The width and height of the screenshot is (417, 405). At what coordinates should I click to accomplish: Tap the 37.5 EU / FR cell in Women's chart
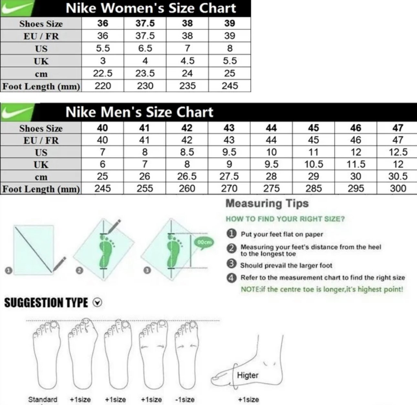(x=145, y=36)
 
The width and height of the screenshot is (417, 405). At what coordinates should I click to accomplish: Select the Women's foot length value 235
(x=187, y=86)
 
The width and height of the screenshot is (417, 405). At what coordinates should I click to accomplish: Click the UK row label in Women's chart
(x=41, y=61)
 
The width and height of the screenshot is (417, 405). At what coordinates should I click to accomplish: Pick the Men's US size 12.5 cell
(x=398, y=152)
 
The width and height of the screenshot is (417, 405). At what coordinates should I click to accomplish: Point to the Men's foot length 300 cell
(x=398, y=189)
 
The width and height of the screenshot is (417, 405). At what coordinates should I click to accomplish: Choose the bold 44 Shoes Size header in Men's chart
(x=271, y=128)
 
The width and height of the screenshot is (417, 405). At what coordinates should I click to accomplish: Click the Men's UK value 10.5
(x=314, y=164)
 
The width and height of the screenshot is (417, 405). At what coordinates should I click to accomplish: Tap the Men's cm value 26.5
(x=187, y=176)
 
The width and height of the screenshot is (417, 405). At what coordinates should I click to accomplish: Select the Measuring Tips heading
(x=267, y=203)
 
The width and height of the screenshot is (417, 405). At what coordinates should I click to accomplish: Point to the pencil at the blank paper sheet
(x=59, y=264)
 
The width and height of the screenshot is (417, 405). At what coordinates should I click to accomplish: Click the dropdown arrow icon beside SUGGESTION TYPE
(x=98, y=303)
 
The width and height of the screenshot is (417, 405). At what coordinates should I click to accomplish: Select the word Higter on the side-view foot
(x=248, y=375)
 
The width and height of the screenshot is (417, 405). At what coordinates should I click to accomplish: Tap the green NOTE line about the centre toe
(x=322, y=289)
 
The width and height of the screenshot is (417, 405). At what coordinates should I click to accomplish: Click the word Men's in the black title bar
(x=118, y=112)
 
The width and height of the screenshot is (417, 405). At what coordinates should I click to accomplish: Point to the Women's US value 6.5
(x=145, y=49)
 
